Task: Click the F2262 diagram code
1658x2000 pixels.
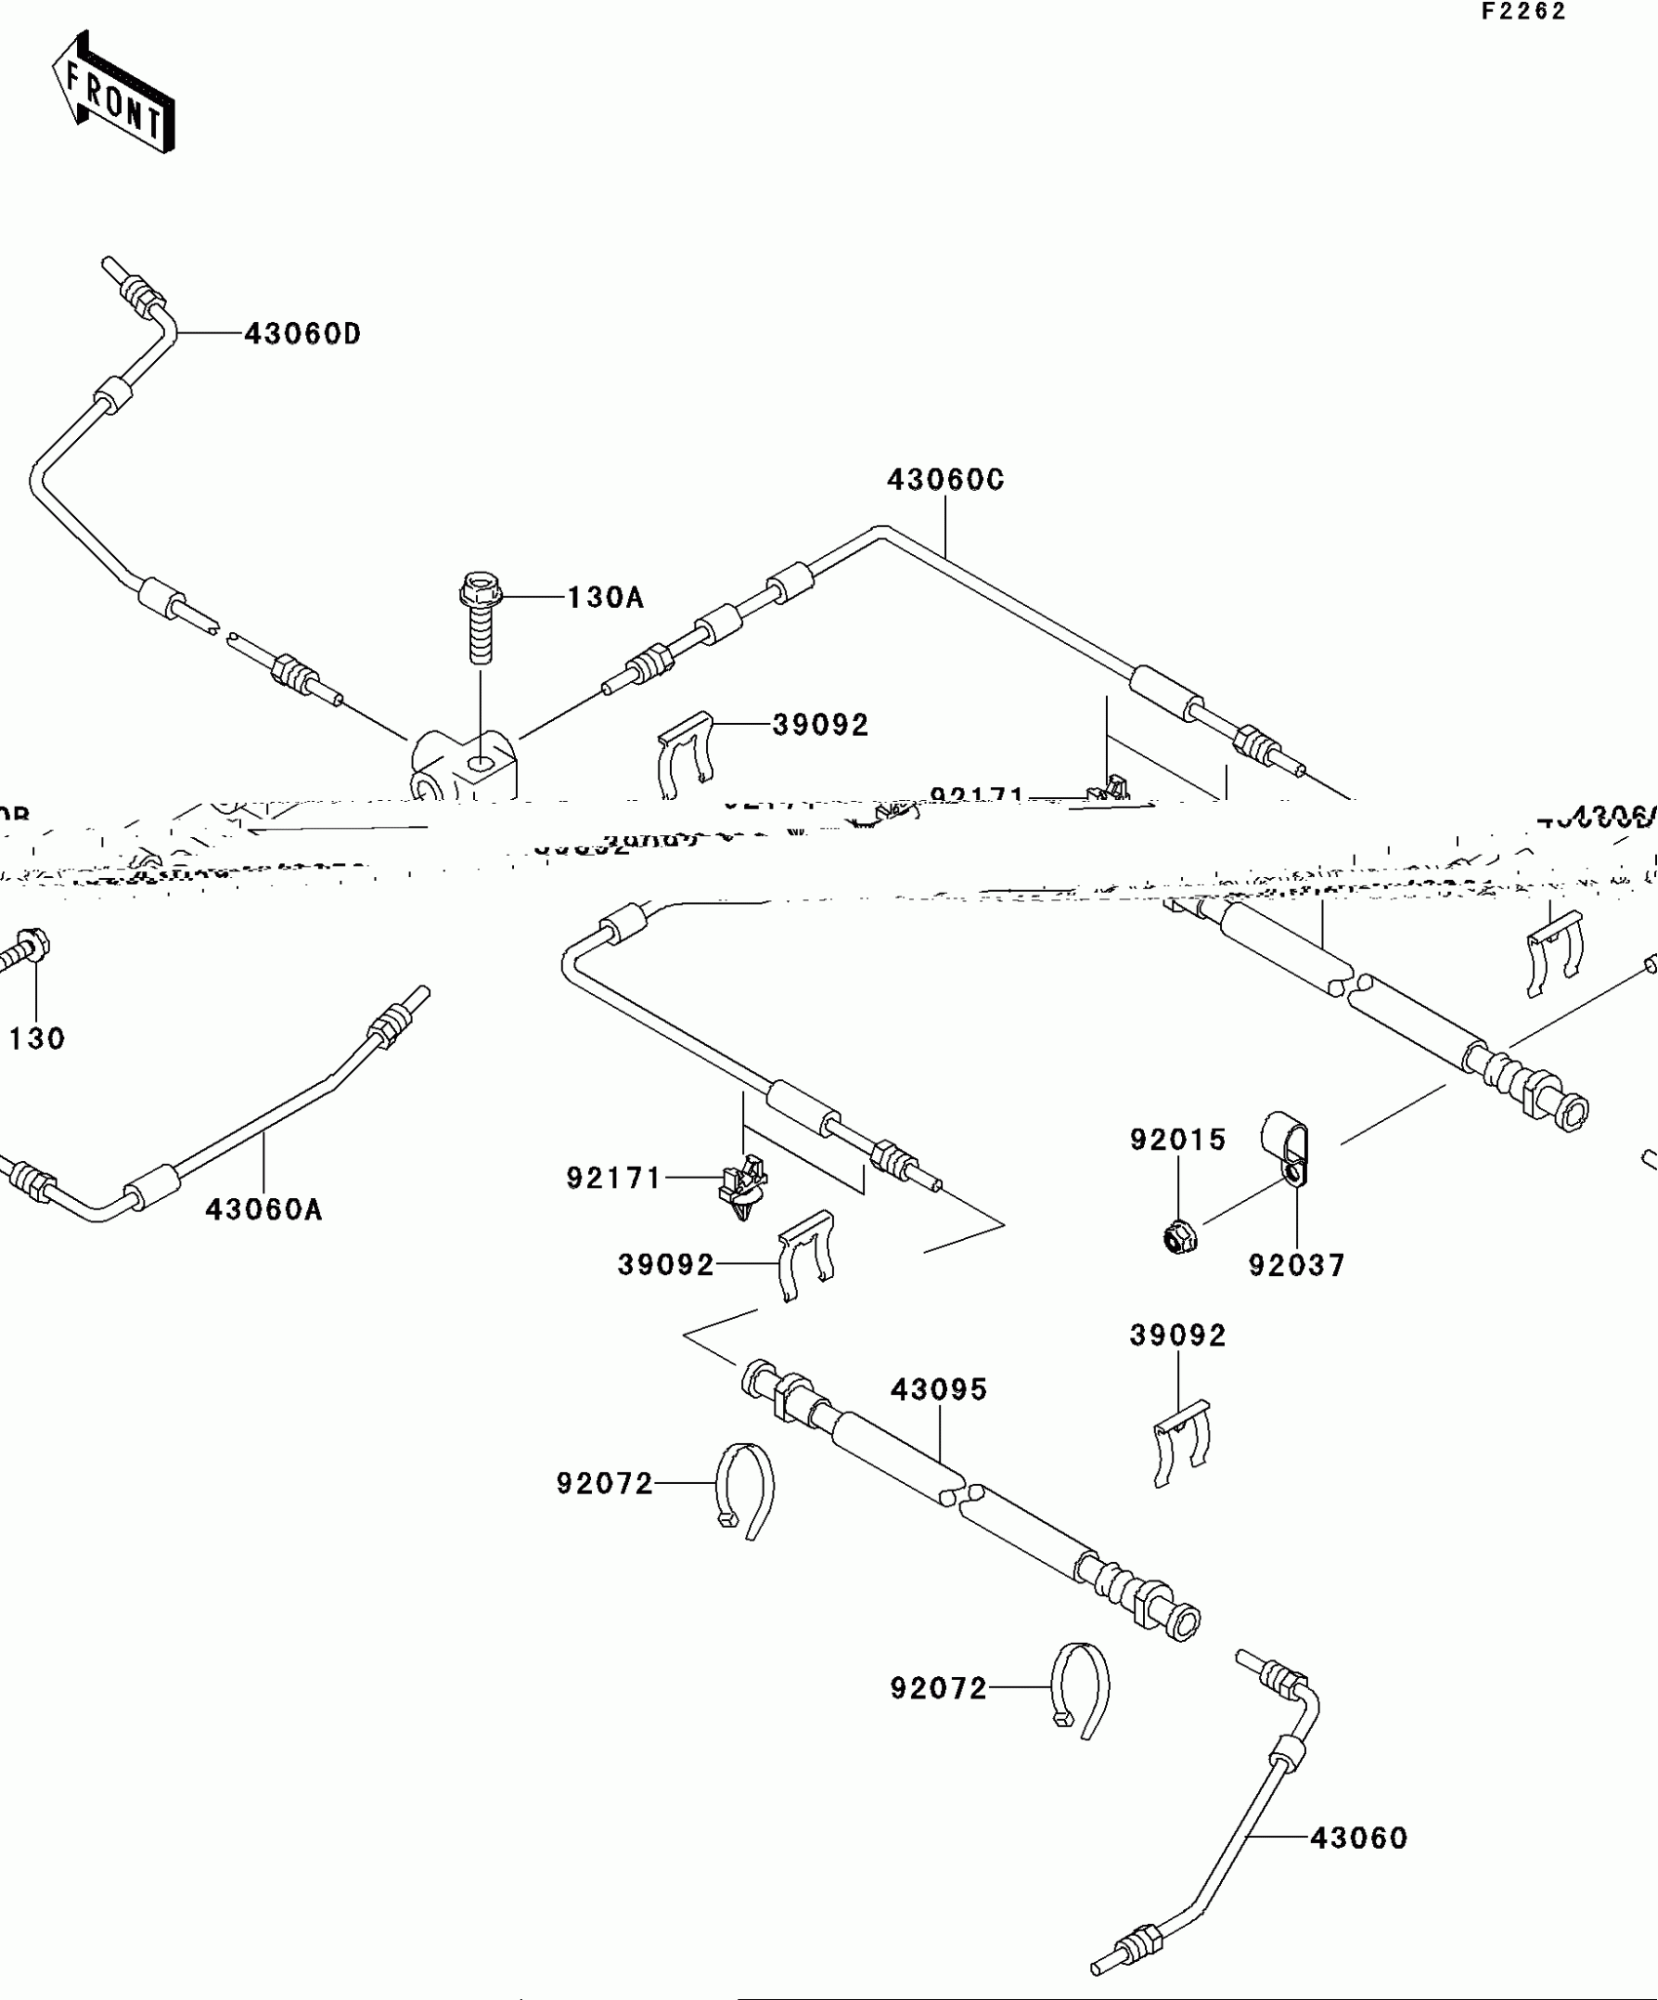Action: (1523, 12)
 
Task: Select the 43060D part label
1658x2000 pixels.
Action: (302, 334)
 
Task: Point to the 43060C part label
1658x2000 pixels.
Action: (945, 480)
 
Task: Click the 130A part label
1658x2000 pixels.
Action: (606, 597)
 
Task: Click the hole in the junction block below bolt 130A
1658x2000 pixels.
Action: (480, 762)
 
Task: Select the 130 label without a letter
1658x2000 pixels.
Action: (37, 1039)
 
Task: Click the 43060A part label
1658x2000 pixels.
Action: (263, 1210)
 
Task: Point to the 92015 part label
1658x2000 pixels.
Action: (1178, 1140)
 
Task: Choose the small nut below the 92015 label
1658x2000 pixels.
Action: (1180, 1238)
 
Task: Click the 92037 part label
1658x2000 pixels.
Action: (1297, 1265)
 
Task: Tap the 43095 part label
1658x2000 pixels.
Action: (939, 1389)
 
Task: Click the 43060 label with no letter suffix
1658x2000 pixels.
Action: (1359, 1838)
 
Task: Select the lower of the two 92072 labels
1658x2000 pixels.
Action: (938, 1688)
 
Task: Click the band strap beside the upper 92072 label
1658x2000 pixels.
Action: (746, 1489)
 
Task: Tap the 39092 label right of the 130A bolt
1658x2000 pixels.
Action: (820, 725)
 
